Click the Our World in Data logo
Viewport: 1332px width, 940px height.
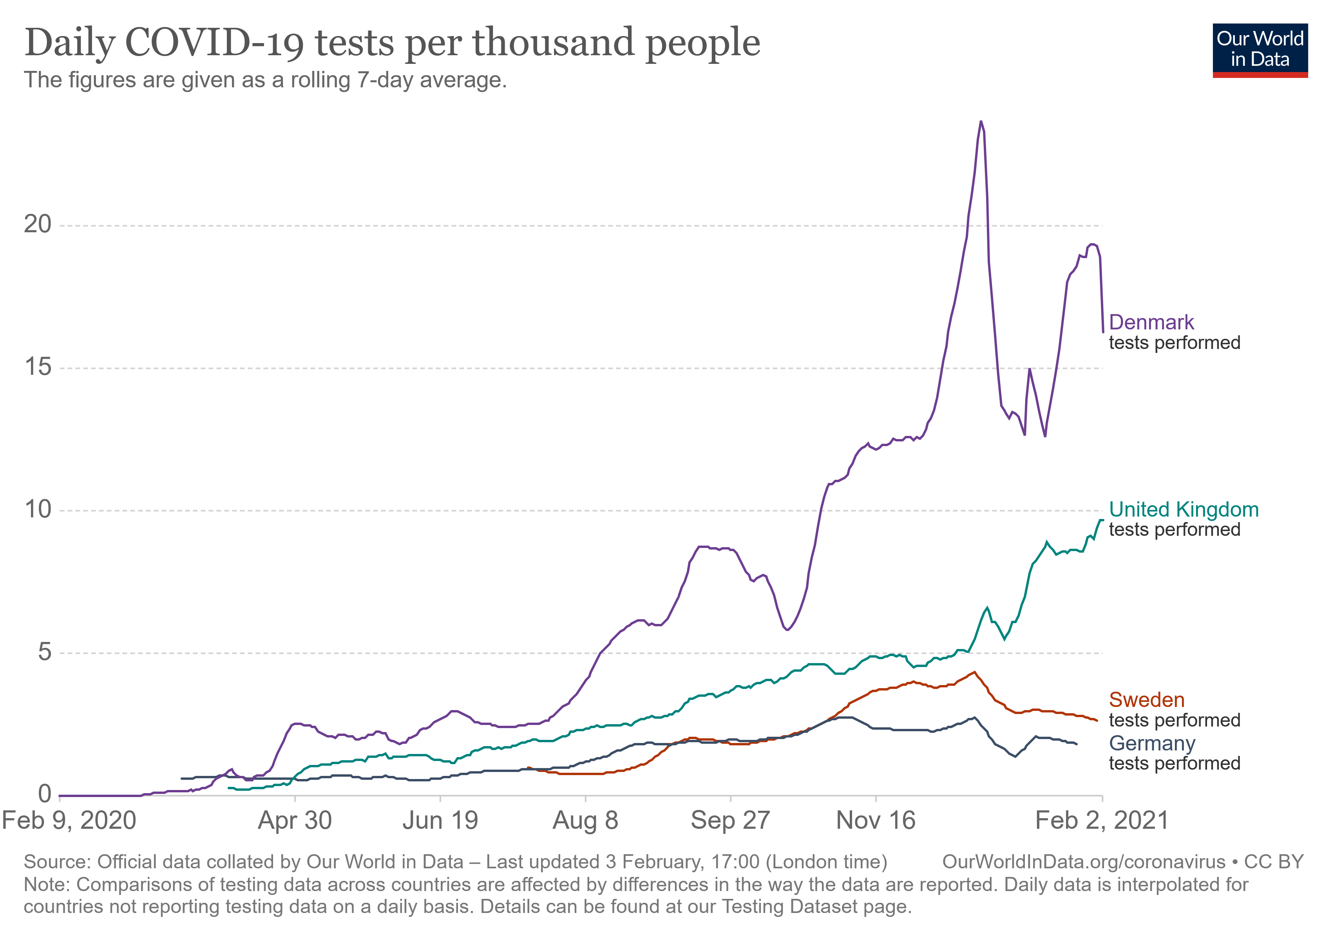point(1260,50)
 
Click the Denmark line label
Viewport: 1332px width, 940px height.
point(1151,322)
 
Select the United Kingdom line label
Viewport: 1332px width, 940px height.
point(1184,509)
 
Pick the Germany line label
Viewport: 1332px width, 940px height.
point(1151,743)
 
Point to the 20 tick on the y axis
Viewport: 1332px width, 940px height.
point(38,224)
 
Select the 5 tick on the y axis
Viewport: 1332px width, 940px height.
point(45,653)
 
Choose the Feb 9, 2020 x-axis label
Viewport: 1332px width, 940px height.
point(69,821)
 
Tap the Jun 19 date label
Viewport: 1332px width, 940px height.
point(440,821)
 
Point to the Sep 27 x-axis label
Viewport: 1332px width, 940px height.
point(730,821)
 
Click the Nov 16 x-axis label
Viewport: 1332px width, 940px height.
point(876,821)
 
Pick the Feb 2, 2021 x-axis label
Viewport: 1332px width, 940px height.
point(1102,821)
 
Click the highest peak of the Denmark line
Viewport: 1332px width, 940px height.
point(981,122)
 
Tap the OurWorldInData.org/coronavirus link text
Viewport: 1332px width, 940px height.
point(1083,862)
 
